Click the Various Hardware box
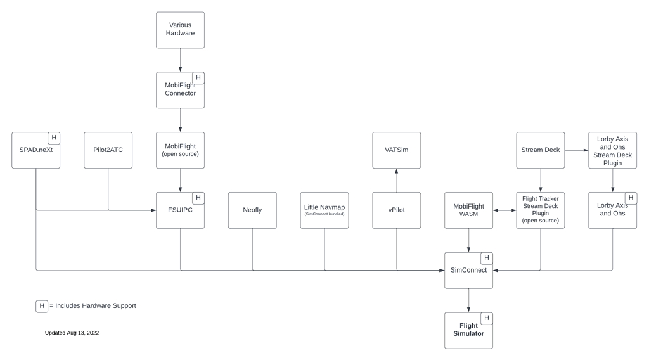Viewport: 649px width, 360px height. [180, 30]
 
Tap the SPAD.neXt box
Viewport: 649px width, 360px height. [35, 151]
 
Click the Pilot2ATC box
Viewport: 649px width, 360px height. [108, 150]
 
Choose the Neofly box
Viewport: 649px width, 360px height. [252, 210]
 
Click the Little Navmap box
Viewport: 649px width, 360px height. [324, 210]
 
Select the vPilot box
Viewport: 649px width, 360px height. [396, 210]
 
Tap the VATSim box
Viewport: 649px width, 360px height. [396, 150]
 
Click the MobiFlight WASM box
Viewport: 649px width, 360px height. [468, 210]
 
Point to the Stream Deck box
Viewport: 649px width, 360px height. [540, 150]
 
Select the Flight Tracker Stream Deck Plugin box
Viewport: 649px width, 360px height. [540, 210]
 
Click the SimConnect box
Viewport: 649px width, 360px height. [468, 271]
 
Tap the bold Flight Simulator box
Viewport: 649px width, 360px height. [468, 330]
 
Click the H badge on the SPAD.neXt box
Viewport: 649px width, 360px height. [54, 138]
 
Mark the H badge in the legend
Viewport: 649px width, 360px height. [42, 306]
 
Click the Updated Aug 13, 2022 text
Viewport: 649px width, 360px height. [72, 333]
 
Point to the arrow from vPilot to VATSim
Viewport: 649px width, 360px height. [397, 181]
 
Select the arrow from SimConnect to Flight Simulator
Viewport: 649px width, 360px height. [469, 300]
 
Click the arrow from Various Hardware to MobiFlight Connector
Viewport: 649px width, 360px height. [181, 60]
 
